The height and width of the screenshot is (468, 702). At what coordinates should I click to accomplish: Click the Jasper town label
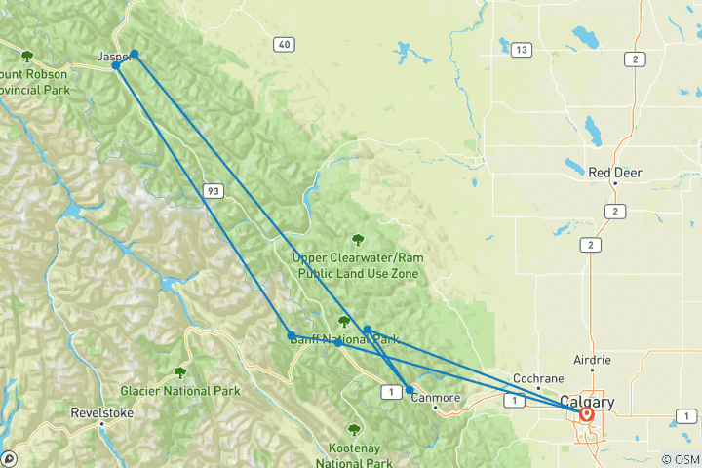click(113, 57)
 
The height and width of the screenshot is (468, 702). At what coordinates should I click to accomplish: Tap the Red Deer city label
click(614, 173)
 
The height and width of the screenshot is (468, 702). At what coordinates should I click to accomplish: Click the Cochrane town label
click(537, 378)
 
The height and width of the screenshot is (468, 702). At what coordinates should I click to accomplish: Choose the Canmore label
click(435, 397)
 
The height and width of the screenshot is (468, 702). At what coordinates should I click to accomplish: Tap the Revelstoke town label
click(102, 412)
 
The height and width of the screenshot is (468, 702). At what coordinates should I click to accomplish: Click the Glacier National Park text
click(180, 391)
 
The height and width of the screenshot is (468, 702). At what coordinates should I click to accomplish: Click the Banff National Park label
click(343, 339)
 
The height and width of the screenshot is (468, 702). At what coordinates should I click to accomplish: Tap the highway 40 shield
click(284, 44)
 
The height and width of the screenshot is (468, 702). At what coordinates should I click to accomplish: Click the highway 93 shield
click(213, 191)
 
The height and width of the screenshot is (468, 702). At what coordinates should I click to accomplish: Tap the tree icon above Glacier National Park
click(180, 372)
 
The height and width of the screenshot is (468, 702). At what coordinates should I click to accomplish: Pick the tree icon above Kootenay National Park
click(354, 429)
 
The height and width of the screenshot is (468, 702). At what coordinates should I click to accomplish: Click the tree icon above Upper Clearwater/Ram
click(358, 238)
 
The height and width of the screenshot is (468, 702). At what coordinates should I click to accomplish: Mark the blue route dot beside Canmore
click(409, 389)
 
